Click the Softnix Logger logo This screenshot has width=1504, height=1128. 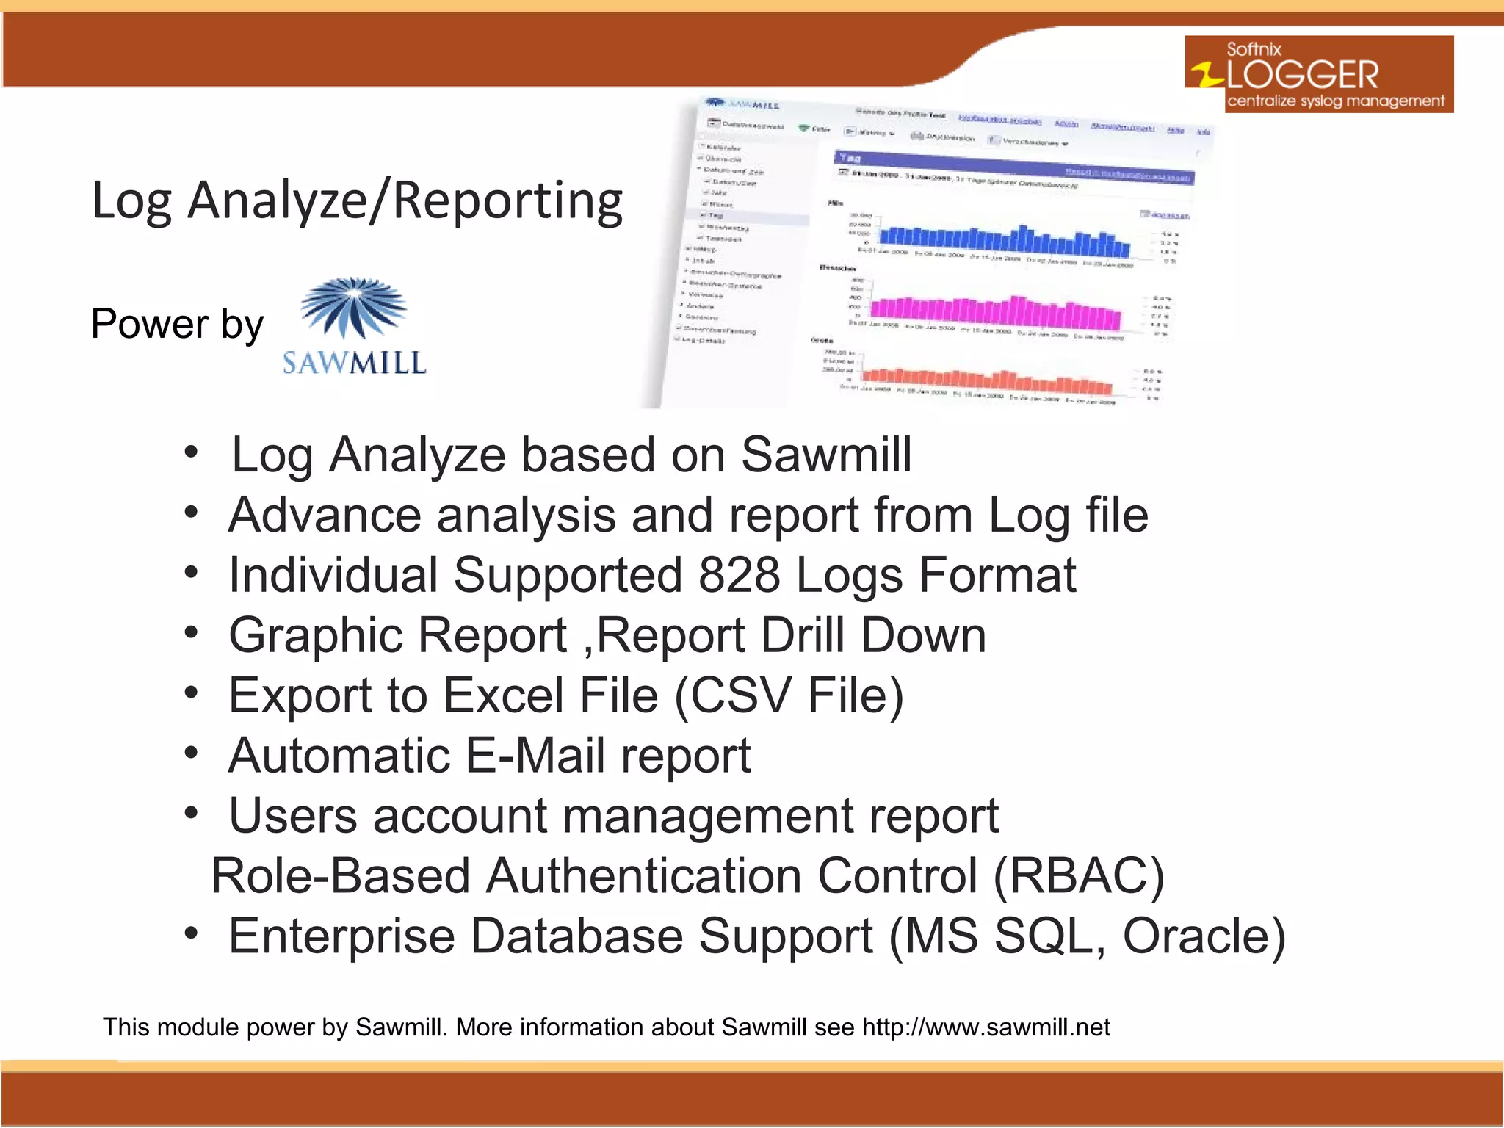pos(1318,74)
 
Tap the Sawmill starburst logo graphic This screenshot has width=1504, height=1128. pos(354,307)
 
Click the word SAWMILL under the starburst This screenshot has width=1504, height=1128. pos(354,363)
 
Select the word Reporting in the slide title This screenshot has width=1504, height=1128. pos(508,200)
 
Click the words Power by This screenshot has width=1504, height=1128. pos(177,324)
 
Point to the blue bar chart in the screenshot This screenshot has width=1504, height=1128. pos(1003,239)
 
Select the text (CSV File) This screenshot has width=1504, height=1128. pos(788,695)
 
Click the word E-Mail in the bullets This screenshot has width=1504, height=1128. pos(535,756)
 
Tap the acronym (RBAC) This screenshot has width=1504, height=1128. pos(1078,876)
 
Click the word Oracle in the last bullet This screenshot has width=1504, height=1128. pos(1204,936)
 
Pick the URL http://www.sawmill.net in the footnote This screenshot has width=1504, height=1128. pos(986,1027)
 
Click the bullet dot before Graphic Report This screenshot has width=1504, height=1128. pos(191,632)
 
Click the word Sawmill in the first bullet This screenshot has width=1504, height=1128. pos(826,455)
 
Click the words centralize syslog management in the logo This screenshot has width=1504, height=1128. pos(1335,101)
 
